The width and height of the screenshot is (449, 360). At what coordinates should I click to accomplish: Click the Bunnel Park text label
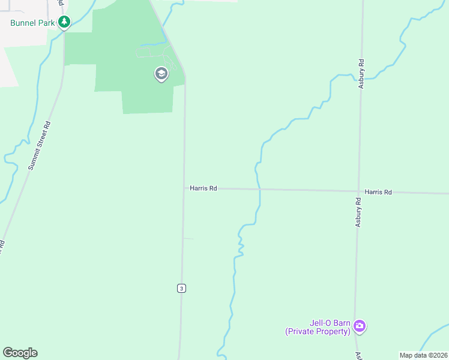point(32,23)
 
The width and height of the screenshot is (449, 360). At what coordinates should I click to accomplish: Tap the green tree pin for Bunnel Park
point(64,23)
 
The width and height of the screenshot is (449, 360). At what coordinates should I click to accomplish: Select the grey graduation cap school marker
point(161,74)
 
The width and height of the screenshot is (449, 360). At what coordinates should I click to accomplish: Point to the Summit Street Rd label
point(40,146)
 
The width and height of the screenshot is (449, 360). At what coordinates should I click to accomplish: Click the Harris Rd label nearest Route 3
point(203,188)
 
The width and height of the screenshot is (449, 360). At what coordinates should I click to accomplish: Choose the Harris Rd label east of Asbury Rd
point(378,192)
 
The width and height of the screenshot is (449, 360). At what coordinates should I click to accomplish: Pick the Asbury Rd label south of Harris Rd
point(358,212)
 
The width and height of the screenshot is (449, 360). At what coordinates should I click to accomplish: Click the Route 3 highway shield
point(181,289)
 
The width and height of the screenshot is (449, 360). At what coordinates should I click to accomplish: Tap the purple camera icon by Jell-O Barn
point(359,326)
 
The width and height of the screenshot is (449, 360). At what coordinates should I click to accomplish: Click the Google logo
point(20,353)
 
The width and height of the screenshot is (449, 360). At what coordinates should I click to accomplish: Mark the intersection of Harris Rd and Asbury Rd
point(358,191)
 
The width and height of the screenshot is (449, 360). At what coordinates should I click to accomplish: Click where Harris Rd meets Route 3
point(184,188)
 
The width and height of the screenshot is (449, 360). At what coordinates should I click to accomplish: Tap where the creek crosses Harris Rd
point(259,190)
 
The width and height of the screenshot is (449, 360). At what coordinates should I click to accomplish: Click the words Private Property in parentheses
point(318,331)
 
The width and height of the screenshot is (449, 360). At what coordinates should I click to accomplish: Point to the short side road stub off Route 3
point(188,239)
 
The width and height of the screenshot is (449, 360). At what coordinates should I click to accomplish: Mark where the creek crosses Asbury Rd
point(362,77)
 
